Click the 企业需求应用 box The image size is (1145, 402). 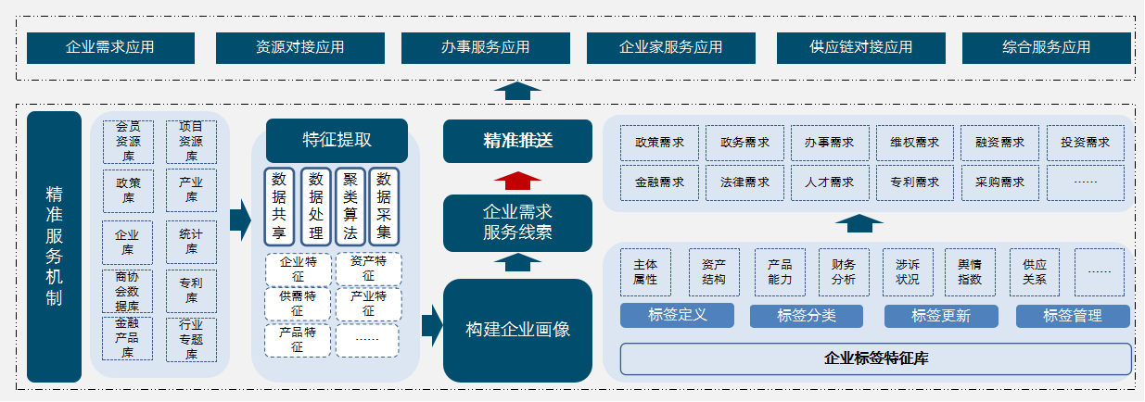click(x=110, y=47)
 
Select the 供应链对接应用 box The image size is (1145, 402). click(x=860, y=47)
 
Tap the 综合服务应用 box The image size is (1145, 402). click(x=1047, y=47)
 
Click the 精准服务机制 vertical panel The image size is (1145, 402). click(x=54, y=246)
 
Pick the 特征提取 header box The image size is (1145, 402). click(x=337, y=140)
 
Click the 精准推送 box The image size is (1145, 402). click(x=517, y=141)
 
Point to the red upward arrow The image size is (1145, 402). click(x=517, y=180)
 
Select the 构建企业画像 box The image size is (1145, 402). click(x=517, y=330)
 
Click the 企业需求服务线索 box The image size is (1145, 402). click(x=517, y=223)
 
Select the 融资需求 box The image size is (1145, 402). click(x=999, y=143)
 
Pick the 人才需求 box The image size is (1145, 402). click(x=830, y=182)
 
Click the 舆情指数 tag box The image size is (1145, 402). click(x=969, y=271)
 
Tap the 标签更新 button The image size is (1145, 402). click(x=941, y=316)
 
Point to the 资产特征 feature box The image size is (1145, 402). click(x=368, y=269)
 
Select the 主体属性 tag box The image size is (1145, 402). click(x=645, y=271)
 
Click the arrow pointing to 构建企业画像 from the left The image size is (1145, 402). click(x=431, y=325)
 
